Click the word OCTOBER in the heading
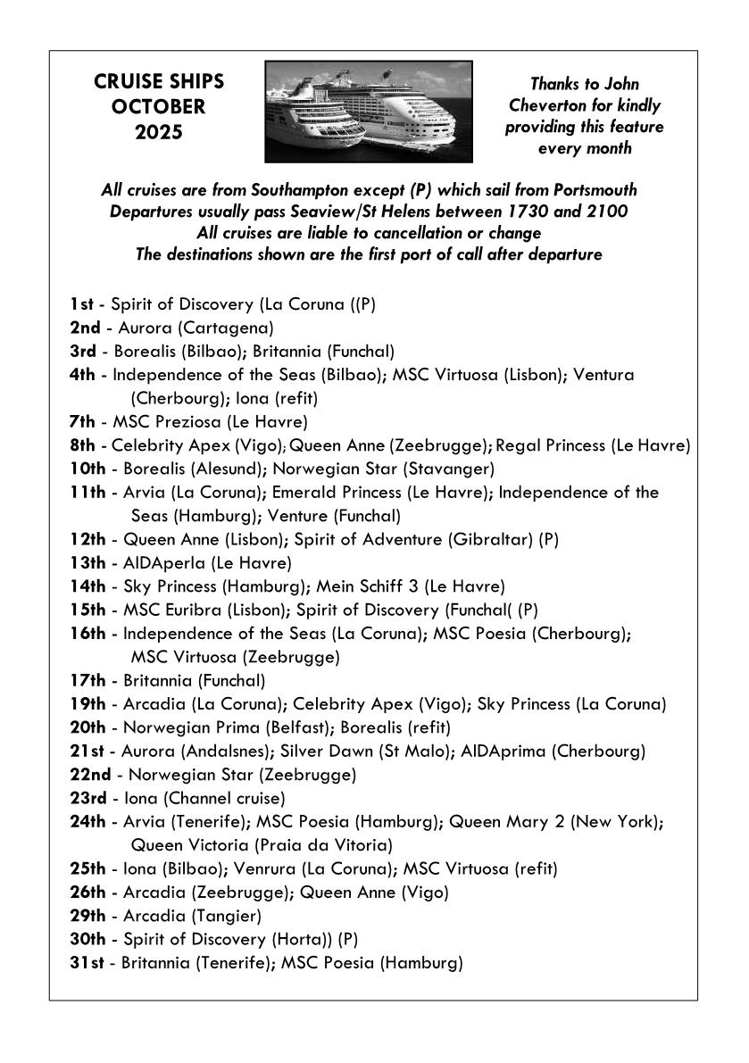(159, 107)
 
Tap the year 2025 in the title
(159, 132)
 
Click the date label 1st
(82, 304)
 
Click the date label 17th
(87, 681)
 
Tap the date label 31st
(87, 962)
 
